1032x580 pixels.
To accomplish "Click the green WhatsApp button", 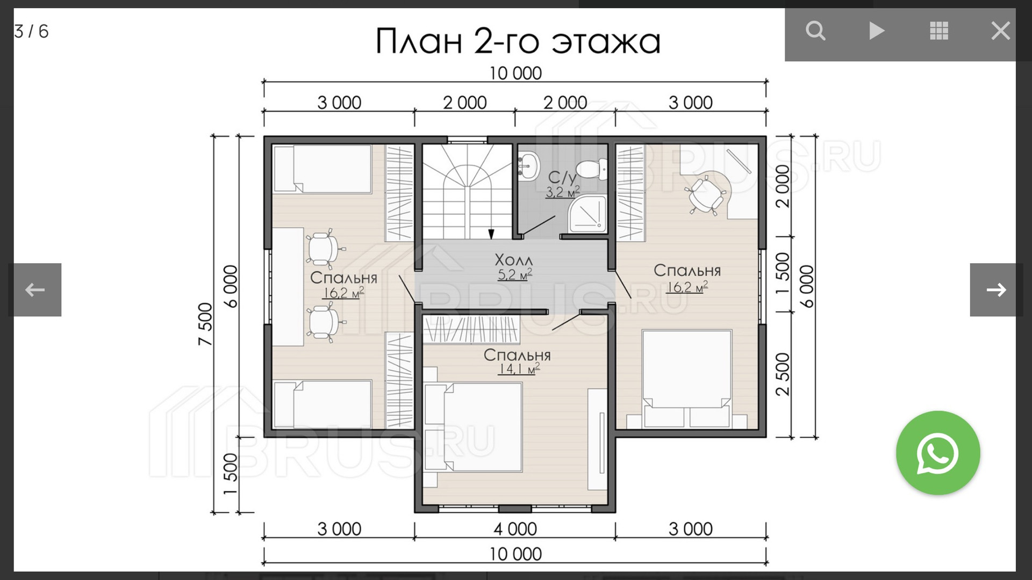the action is tap(938, 453).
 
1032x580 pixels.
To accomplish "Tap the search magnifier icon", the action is tap(815, 31).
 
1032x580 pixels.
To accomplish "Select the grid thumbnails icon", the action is tap(938, 31).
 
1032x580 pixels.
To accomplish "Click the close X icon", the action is tap(1000, 31).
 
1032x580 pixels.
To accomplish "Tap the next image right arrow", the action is tap(996, 290).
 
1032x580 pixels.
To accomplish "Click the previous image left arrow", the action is tap(35, 290).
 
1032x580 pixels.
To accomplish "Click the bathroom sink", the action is tap(528, 165).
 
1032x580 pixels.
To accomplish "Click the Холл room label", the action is tap(513, 260).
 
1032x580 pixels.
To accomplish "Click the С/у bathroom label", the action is tap(562, 177).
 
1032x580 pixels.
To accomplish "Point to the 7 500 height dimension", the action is tap(205, 324).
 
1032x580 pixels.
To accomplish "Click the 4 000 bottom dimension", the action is tap(515, 529).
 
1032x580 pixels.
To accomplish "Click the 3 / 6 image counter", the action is tap(31, 31).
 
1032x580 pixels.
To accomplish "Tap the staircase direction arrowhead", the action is tap(491, 234).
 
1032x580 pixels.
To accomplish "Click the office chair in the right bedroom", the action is tap(704, 194).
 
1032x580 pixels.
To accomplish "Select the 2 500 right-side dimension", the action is tap(783, 374).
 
